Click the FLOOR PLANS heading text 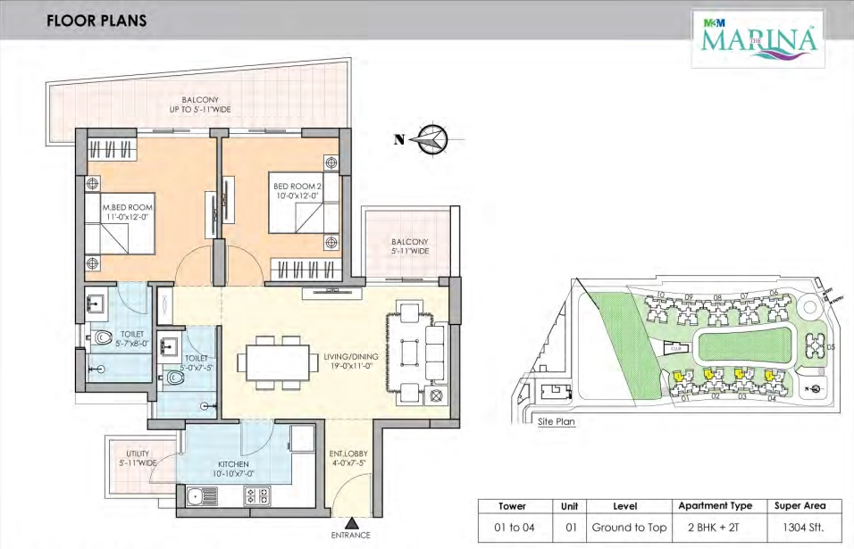point(96,20)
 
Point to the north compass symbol point(431,138)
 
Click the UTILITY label point(137,459)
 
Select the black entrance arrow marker point(354,524)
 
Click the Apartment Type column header point(716,505)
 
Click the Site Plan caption point(556,420)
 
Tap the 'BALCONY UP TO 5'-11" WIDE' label point(200,104)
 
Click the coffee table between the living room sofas point(409,353)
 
